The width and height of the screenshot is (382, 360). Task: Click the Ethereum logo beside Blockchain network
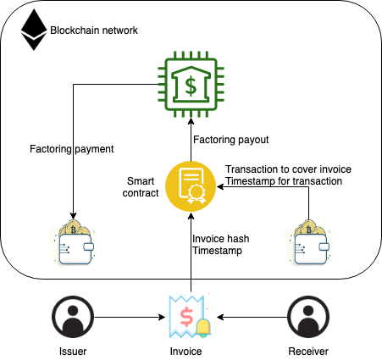[x=34, y=30]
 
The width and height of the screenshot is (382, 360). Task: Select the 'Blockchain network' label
[x=94, y=30]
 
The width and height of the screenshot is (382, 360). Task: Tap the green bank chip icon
[x=191, y=84]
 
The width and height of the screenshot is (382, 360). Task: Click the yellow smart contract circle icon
[x=191, y=187]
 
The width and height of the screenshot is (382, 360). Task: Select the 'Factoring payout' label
[x=232, y=139]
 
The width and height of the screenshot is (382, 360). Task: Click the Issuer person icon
[x=73, y=317]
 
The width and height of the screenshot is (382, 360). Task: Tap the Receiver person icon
[x=307, y=317]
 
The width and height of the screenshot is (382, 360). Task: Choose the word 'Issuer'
[x=73, y=350]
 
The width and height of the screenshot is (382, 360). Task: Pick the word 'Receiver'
[x=307, y=350]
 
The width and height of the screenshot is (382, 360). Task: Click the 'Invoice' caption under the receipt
[x=191, y=350]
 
